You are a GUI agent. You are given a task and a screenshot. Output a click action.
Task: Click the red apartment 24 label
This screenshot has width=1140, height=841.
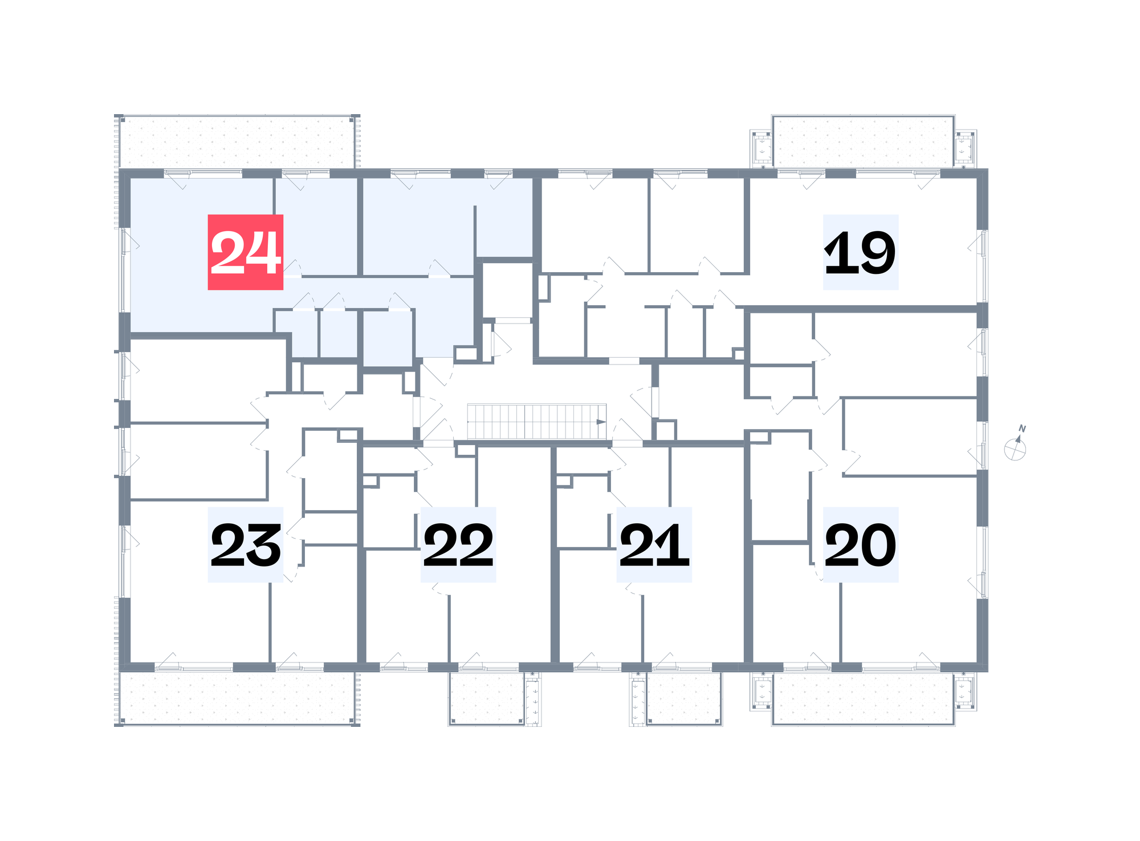click(x=245, y=252)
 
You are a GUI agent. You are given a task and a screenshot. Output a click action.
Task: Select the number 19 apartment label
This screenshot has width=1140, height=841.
click(x=861, y=252)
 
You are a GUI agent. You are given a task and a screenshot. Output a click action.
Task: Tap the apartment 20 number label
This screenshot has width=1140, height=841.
click(x=861, y=545)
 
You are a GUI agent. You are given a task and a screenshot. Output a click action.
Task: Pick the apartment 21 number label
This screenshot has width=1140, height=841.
click(x=654, y=545)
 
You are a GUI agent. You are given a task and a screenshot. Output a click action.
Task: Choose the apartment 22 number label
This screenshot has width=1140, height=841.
click(x=458, y=545)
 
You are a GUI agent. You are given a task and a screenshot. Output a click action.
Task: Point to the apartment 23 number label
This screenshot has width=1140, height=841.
click(x=245, y=545)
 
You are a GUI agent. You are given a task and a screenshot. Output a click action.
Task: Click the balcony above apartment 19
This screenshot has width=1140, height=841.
click(x=863, y=141)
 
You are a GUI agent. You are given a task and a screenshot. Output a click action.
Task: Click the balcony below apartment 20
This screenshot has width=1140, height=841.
click(x=863, y=699)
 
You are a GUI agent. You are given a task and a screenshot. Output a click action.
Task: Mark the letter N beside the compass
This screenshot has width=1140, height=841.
click(x=1022, y=428)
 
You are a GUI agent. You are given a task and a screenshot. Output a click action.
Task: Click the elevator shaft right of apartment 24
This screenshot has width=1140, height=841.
click(x=507, y=290)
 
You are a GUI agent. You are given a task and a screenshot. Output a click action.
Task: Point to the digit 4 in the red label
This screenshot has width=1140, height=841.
click(x=263, y=252)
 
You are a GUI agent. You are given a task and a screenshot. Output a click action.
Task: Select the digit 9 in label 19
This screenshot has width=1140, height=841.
click(x=877, y=252)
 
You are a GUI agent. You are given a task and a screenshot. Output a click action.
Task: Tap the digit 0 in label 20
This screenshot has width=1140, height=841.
click(x=877, y=545)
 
